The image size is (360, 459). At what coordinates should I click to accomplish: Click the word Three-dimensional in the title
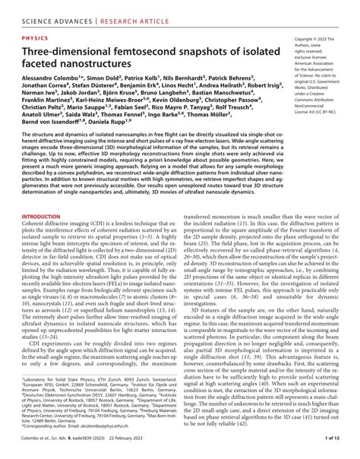(68, 48)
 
